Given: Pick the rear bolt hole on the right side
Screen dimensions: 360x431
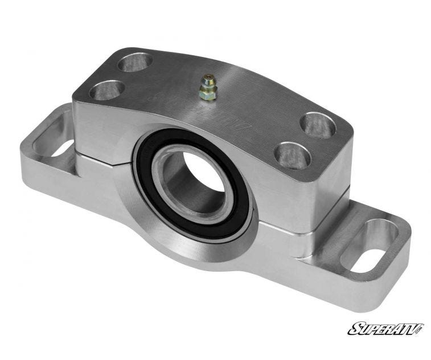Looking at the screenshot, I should (318, 125).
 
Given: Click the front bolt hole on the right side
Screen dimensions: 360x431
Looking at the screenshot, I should (292, 155).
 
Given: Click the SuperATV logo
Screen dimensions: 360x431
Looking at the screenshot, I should (385, 329).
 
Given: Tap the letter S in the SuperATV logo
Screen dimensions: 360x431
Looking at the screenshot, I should (354, 329).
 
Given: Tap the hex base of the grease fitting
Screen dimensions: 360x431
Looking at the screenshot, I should (207, 96).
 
